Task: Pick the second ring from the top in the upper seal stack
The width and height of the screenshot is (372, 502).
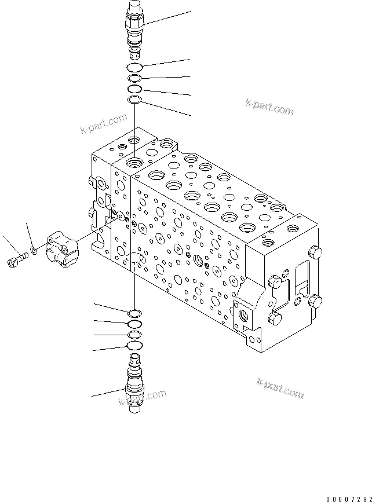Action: [134, 79]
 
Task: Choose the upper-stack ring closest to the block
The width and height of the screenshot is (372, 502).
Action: [134, 101]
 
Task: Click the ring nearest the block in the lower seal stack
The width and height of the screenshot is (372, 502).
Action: [134, 313]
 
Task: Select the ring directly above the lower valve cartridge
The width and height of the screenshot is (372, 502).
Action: [134, 346]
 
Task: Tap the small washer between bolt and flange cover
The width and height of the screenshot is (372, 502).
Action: [34, 250]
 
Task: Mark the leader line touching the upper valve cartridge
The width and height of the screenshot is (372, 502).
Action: [168, 17]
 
